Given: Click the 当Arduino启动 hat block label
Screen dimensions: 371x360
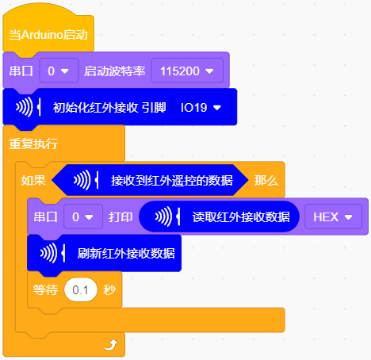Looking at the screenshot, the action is [48, 35].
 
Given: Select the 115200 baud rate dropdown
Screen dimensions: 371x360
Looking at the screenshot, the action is [187, 71].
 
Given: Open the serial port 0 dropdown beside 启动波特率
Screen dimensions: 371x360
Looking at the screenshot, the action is [59, 71].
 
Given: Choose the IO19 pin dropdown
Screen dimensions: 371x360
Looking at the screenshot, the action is [201, 107].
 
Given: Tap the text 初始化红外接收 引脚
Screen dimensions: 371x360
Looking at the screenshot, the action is [109, 108].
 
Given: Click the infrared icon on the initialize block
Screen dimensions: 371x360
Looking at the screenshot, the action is [28, 107].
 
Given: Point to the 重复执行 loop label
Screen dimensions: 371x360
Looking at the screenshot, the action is [33, 144].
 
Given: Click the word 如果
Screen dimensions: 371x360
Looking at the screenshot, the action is [33, 181].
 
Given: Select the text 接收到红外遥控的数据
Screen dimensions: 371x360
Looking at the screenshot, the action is [172, 181].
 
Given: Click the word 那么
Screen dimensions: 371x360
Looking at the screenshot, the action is [266, 181].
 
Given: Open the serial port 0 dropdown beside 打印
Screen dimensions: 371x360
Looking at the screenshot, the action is [83, 216].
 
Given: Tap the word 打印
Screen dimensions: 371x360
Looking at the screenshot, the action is [120, 217].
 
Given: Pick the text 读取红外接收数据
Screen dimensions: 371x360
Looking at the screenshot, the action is [241, 217].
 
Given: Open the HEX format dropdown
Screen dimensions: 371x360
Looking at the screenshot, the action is [333, 216].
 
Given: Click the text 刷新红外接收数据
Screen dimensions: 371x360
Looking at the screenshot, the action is [126, 253].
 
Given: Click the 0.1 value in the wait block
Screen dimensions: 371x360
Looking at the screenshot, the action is [81, 289].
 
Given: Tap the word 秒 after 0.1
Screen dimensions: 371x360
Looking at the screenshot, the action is [109, 290].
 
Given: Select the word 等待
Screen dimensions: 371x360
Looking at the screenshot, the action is [45, 290].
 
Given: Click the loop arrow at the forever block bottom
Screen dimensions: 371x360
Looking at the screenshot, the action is [111, 345].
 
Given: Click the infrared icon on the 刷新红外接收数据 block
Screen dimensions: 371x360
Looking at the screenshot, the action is [52, 253].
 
